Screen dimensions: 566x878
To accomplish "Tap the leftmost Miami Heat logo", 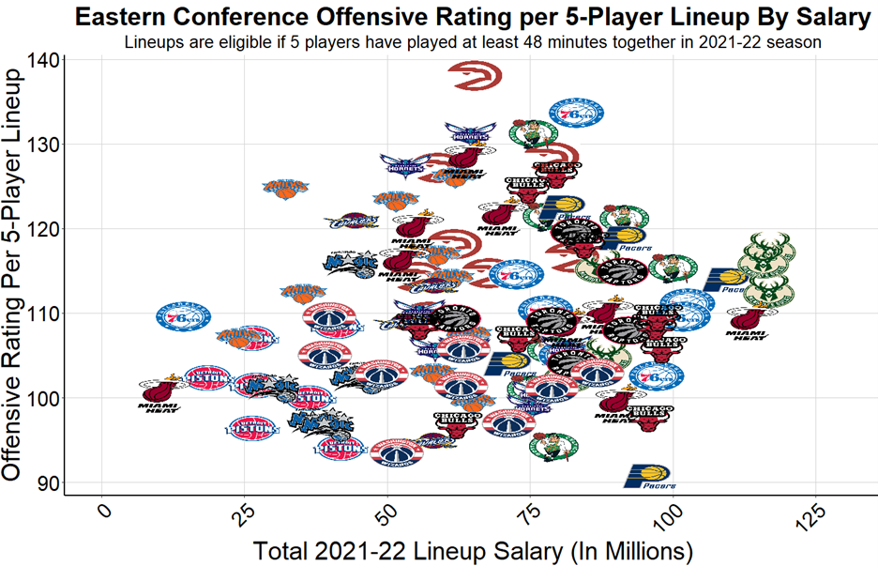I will pyautogui.click(x=158, y=394).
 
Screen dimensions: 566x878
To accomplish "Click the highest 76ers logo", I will pyautogui.click(x=575, y=112).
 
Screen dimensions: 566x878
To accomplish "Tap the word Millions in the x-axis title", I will pyautogui.click(x=640, y=548).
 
